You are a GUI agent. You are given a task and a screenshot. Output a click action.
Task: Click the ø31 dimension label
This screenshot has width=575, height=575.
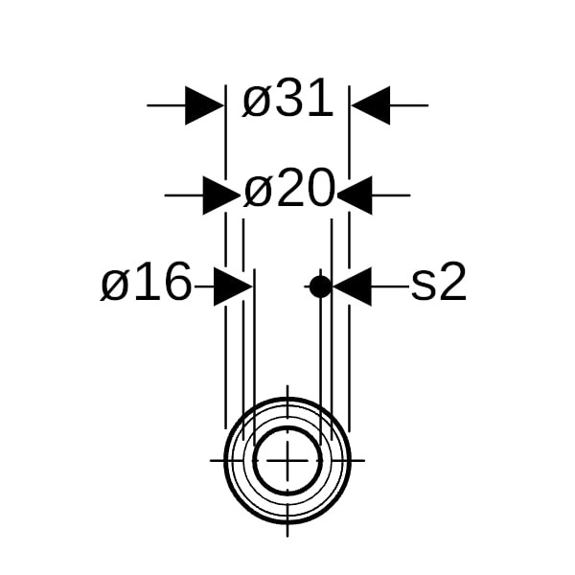[287, 98]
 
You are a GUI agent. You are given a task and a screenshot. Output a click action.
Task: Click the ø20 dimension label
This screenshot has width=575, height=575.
[289, 188]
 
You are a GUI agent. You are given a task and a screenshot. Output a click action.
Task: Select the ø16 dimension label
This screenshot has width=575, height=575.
[146, 282]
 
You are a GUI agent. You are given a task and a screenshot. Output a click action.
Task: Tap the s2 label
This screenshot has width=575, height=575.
[439, 282]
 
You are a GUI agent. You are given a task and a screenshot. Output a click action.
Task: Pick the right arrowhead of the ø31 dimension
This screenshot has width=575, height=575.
[370, 105]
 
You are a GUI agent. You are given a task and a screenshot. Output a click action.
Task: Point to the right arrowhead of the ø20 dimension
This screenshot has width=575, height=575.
[355, 195]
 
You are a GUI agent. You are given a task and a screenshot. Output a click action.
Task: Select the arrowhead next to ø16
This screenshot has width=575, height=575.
[233, 287]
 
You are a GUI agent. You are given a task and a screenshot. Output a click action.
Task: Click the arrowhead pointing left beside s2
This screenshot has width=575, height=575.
[352, 287]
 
